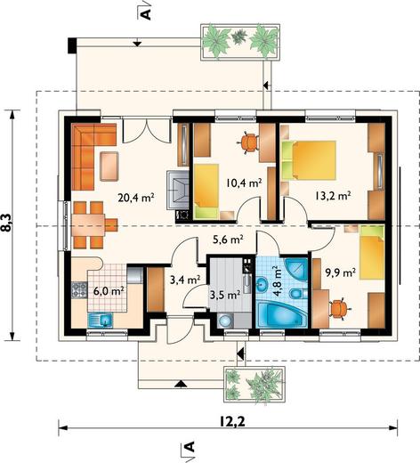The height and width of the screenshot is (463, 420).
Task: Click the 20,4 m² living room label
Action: tap(136, 197)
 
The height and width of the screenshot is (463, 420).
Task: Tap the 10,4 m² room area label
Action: tap(244, 183)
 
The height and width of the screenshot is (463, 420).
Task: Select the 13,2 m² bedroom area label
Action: tap(333, 196)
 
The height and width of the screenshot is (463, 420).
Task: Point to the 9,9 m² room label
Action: tap(341, 272)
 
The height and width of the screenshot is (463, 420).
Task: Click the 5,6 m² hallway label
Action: tap(229, 239)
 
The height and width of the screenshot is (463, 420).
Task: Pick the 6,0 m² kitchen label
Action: tap(109, 291)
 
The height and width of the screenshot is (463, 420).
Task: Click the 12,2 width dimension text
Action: tap(232, 421)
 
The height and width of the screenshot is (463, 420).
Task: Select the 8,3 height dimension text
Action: tap(8, 223)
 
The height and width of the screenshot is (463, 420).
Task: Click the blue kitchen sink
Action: tap(101, 321)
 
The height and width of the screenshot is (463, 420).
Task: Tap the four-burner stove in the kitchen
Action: tap(79, 290)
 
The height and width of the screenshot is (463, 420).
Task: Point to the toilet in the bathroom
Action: tap(296, 294)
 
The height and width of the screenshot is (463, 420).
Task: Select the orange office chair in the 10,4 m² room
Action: tap(249, 142)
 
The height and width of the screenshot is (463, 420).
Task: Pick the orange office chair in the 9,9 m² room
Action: tap(338, 309)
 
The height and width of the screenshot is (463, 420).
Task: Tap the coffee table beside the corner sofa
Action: tap(109, 167)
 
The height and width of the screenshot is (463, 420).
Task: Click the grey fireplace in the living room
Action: tap(178, 190)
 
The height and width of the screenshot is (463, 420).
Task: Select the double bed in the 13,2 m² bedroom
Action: tap(309, 160)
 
